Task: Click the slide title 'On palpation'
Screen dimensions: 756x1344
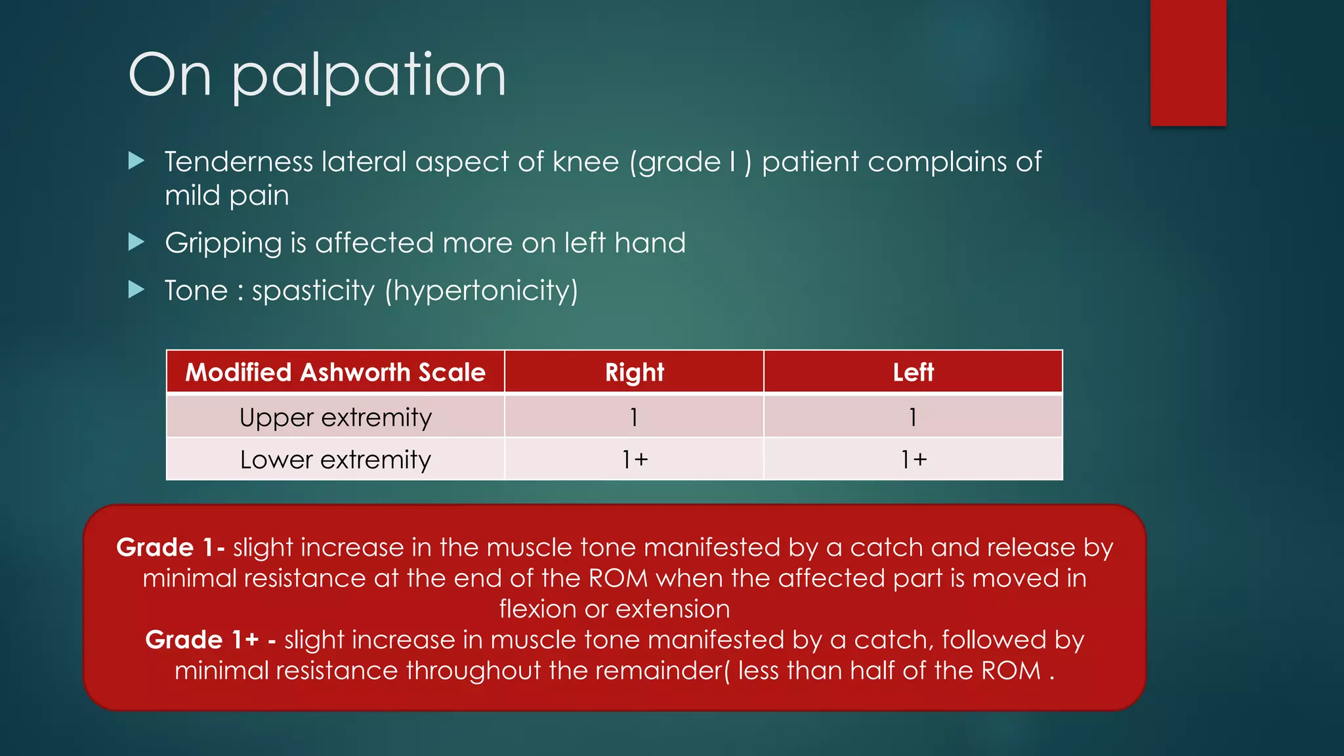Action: point(317,75)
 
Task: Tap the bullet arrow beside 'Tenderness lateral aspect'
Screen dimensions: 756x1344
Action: point(136,161)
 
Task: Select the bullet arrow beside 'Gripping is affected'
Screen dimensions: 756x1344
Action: point(136,242)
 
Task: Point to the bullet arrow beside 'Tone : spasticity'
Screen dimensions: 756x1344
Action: point(136,289)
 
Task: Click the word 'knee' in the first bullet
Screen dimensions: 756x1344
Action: point(585,162)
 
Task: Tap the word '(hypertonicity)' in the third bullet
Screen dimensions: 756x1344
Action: point(481,291)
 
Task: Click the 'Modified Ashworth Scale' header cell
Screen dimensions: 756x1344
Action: point(335,372)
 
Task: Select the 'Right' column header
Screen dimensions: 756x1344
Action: point(634,372)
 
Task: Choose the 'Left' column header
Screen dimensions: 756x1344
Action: point(913,372)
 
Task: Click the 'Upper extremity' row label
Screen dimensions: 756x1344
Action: point(335,417)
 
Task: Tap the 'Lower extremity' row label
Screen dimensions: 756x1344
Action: point(335,459)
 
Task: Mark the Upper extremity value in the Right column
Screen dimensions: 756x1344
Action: point(634,417)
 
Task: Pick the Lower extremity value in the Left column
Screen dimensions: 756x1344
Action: point(913,459)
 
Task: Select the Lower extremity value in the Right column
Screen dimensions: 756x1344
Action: point(634,459)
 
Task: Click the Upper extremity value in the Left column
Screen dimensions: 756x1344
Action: point(913,417)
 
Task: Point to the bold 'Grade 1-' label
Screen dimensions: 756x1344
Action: point(171,547)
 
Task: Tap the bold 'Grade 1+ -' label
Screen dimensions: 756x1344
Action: point(210,640)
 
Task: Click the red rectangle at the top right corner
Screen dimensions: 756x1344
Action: point(1188,62)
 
